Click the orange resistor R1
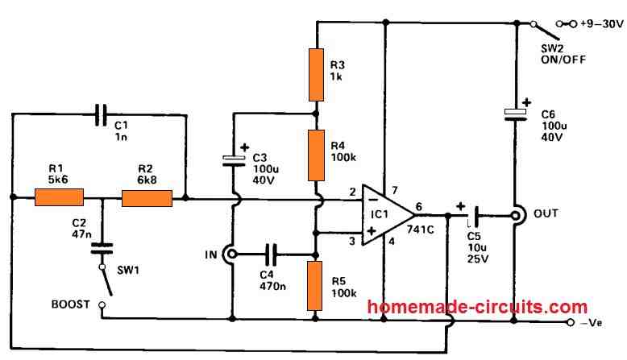[x=60, y=197]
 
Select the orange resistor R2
[x=147, y=197]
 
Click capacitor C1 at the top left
[x=101, y=115]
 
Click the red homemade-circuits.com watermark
[x=478, y=307]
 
